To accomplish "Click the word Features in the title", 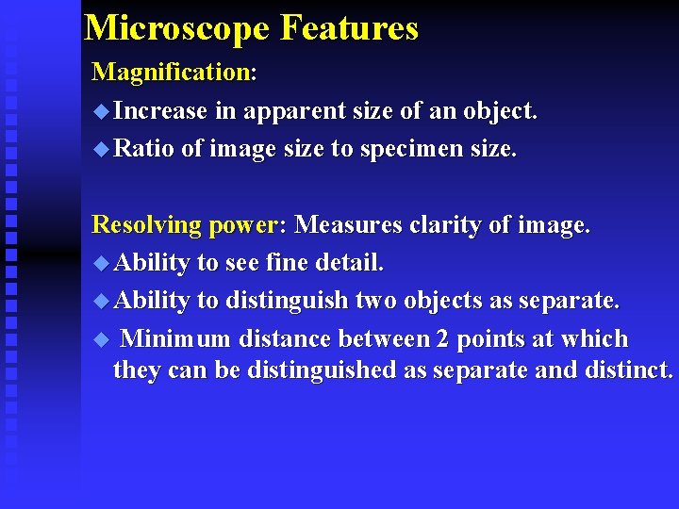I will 349,28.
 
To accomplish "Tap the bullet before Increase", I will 101,111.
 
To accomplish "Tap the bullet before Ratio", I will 101,149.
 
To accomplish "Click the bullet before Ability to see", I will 101,263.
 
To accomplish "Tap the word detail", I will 354,263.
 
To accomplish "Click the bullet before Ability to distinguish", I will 101,301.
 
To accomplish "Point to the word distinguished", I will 322,370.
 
